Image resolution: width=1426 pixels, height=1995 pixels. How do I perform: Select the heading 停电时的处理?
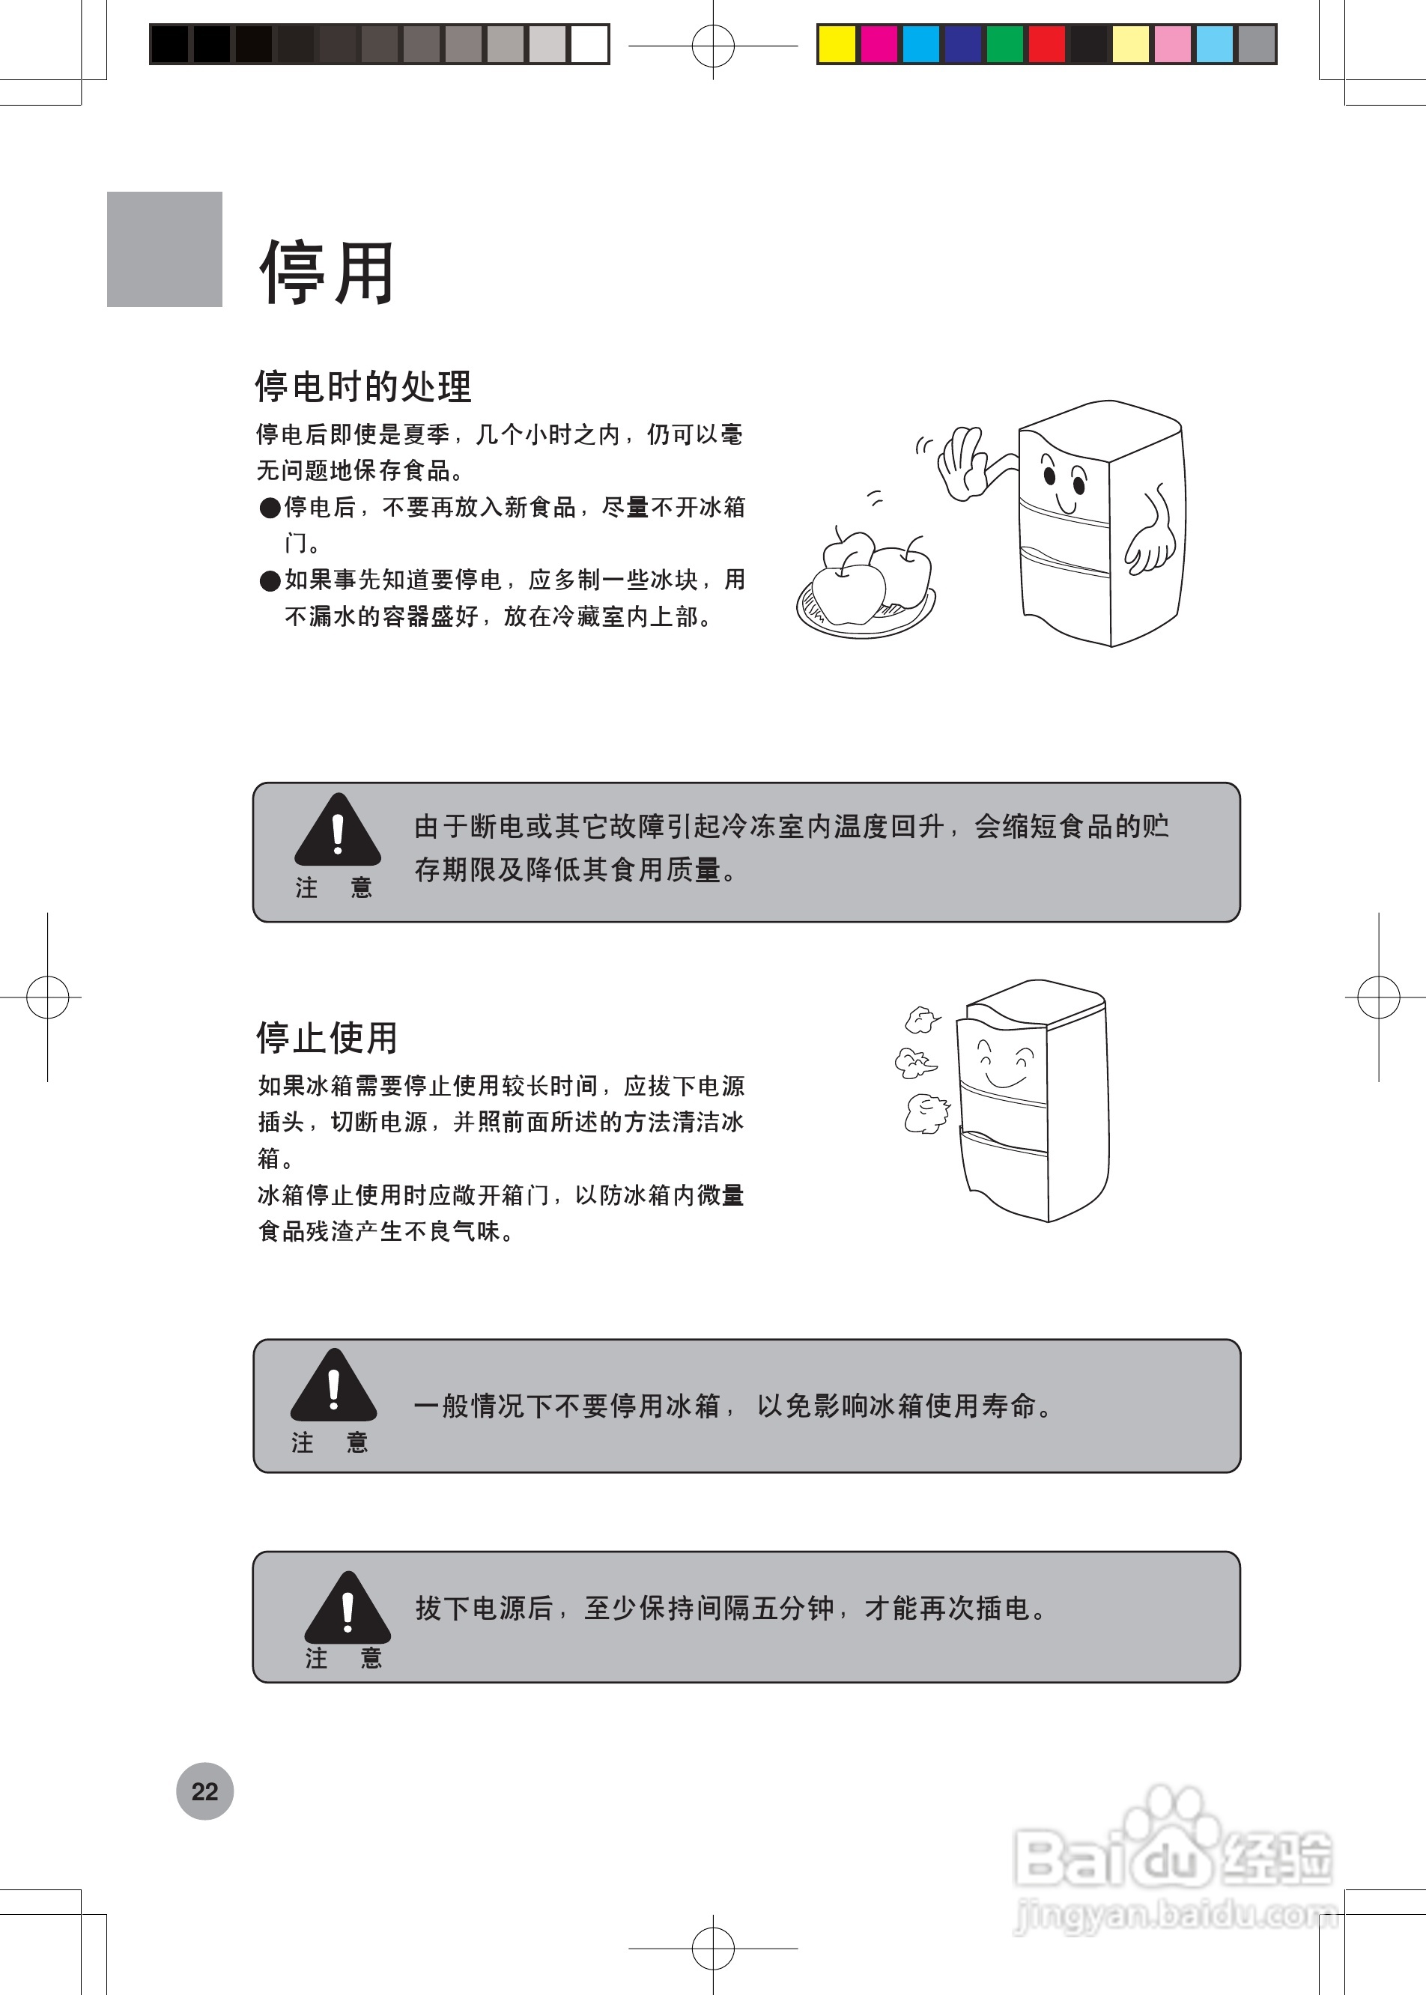[x=362, y=386]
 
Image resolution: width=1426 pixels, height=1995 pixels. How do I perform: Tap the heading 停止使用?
[x=327, y=1037]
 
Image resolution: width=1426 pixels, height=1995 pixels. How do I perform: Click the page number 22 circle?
[x=204, y=1791]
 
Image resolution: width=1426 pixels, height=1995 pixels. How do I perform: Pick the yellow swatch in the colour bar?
[x=836, y=44]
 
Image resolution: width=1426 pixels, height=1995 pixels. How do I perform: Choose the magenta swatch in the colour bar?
[x=878, y=44]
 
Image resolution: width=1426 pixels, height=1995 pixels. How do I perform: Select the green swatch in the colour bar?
[x=1004, y=44]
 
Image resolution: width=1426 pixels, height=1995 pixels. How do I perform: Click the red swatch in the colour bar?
[x=1047, y=44]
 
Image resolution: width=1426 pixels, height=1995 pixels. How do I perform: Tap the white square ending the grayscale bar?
[x=589, y=44]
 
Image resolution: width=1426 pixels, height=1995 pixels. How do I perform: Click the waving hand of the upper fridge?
[x=962, y=463]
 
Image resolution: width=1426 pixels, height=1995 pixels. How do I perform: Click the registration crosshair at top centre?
[x=713, y=45]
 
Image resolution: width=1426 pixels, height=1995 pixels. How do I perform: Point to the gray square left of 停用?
[x=164, y=249]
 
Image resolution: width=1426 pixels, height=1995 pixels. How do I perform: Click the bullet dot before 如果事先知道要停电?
[x=270, y=580]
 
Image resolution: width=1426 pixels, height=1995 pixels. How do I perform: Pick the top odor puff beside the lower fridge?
[x=920, y=1019]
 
